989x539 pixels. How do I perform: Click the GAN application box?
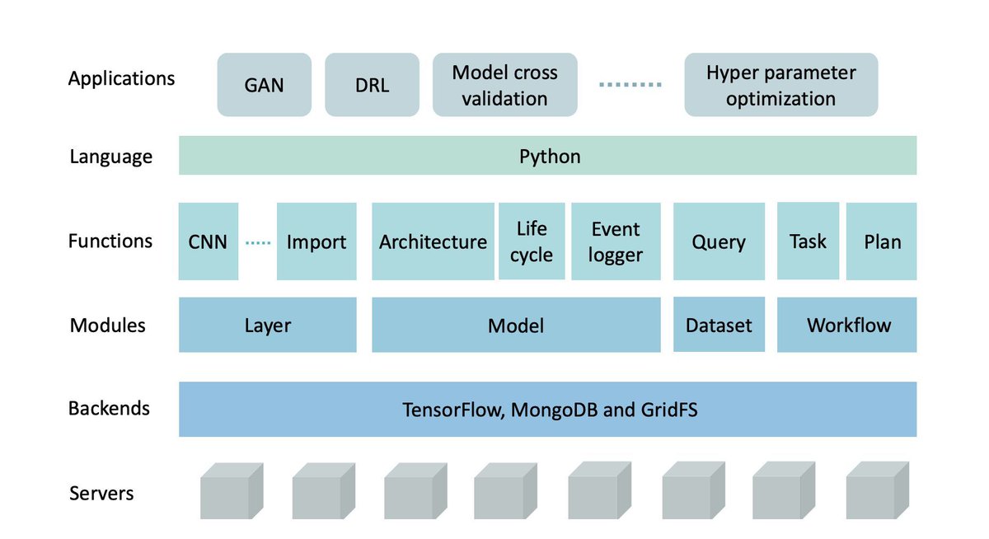point(264,85)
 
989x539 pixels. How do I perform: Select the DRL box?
point(372,85)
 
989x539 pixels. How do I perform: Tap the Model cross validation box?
point(504,85)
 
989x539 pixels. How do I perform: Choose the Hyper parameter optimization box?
point(781,85)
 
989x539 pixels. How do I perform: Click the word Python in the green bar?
point(550,157)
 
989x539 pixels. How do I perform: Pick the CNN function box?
point(209,241)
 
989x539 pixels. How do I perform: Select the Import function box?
point(316,241)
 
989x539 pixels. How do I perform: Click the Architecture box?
point(434,241)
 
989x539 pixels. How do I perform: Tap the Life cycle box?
point(532,241)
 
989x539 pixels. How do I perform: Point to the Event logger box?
point(616,241)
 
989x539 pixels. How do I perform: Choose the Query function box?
point(719,241)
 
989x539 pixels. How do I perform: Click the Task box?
point(808,241)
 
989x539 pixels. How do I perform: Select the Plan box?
point(881,241)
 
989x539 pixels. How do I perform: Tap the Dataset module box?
point(719,325)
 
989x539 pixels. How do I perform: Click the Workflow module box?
point(847,325)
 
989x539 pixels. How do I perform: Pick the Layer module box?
point(268,325)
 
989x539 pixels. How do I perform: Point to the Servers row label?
point(101,493)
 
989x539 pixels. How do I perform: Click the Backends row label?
point(109,408)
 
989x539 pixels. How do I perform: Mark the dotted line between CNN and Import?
point(258,242)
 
